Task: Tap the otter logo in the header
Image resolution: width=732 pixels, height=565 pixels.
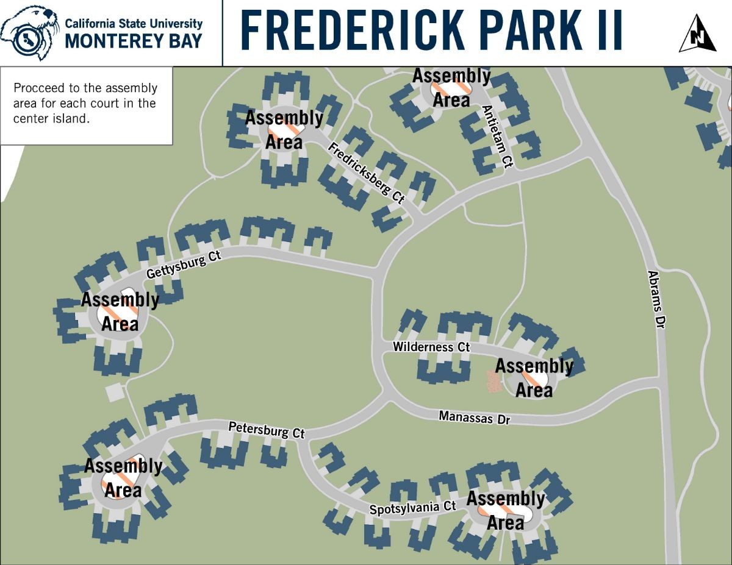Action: [29, 32]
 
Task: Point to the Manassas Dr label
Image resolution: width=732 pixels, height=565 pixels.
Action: [474, 418]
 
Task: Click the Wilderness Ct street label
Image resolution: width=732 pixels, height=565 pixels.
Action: [431, 347]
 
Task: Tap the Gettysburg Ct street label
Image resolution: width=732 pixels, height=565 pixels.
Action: [183, 265]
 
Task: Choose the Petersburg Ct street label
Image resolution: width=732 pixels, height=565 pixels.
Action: [267, 430]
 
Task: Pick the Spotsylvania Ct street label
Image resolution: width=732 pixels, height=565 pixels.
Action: [413, 507]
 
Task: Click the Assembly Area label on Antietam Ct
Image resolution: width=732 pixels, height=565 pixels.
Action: [451, 88]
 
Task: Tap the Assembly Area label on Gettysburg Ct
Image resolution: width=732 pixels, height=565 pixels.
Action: [120, 311]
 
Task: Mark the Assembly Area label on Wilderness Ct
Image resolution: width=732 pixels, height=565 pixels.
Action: [534, 378]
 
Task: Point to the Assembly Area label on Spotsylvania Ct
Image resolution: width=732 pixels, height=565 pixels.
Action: [506, 511]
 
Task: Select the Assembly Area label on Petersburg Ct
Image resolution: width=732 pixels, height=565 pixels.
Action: [123, 478]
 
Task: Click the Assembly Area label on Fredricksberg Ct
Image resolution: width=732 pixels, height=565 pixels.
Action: [284, 130]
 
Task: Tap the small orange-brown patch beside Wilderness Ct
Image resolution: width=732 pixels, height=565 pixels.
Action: [493, 382]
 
